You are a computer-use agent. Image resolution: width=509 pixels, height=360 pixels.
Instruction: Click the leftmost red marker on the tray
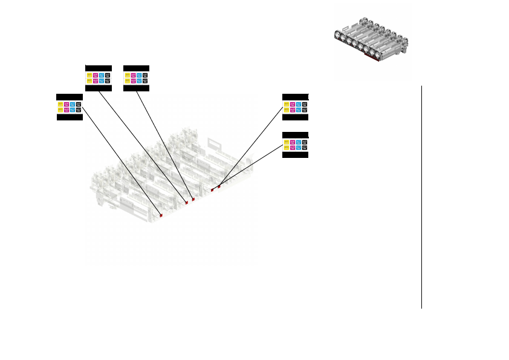(x=161, y=215)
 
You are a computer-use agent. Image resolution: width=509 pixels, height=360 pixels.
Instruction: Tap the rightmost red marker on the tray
(x=219, y=187)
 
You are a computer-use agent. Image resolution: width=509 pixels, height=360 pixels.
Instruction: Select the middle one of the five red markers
(x=193, y=199)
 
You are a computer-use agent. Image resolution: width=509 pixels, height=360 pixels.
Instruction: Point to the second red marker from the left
(x=187, y=203)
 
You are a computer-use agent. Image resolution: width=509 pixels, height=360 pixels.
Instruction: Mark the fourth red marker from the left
(x=212, y=190)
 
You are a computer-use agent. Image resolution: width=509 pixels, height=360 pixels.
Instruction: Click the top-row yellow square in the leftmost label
(x=60, y=103)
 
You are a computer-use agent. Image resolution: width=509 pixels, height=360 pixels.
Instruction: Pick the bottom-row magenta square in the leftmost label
(x=66, y=110)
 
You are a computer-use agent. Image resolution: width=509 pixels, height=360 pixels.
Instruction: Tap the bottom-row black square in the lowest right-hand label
(x=305, y=147)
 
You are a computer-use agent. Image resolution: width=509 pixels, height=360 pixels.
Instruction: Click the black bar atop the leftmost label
(x=70, y=97)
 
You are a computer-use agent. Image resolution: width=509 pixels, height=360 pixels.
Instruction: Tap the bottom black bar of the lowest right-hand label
(x=296, y=155)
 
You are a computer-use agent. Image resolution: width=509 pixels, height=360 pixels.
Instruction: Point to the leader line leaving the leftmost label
(x=121, y=160)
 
